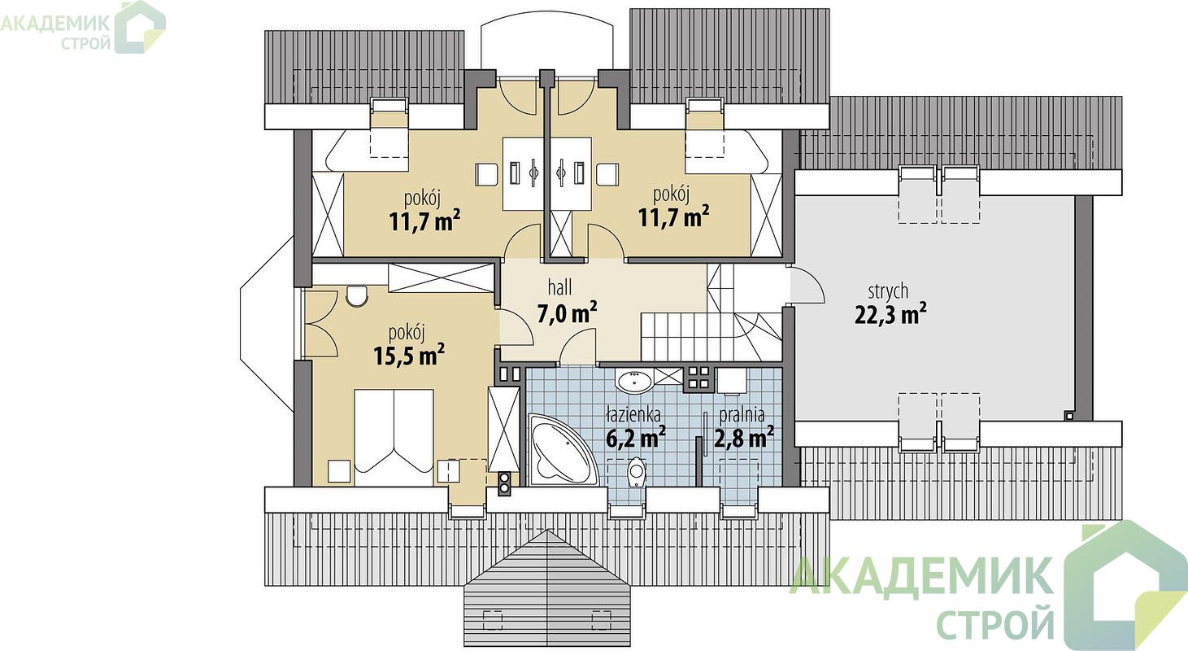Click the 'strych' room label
coord(888,291)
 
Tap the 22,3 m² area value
coord(890,315)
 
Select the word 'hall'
coord(559,287)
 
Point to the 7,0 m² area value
coord(567,313)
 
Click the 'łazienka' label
coord(633,413)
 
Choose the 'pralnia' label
coord(742,415)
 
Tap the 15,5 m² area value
coord(409,355)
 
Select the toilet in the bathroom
coord(635,474)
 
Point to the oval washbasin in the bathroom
coord(633,382)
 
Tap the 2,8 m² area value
coord(743,439)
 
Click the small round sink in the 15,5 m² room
coord(356,296)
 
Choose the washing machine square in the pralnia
coord(732,381)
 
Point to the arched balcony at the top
coord(548,31)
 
